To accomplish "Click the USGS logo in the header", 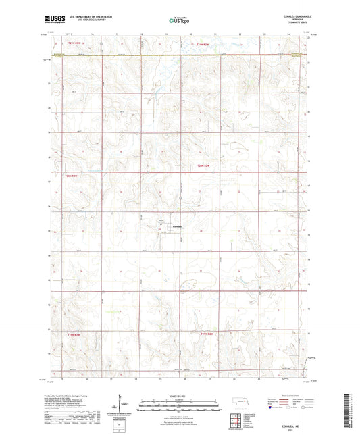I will pyautogui.click(x=52, y=20).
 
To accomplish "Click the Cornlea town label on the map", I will pyautogui.click(x=177, y=226).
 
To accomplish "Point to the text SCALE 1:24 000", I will pyautogui.click(x=180, y=396).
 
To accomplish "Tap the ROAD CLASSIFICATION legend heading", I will pyautogui.click(x=284, y=395).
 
